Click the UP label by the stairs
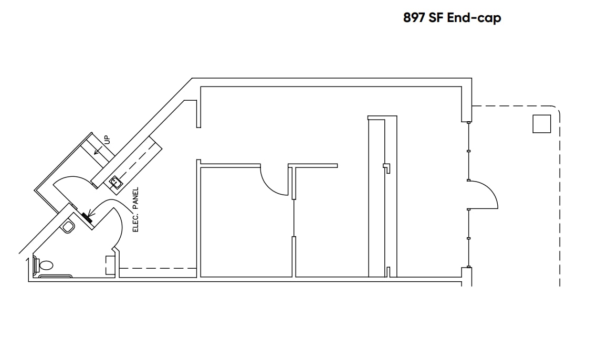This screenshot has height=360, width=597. pyautogui.click(x=107, y=140)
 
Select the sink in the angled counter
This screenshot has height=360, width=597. pyautogui.click(x=116, y=183)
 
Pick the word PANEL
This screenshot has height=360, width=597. pyautogui.click(x=135, y=199)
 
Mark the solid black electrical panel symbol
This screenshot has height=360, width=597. pyautogui.click(x=86, y=217)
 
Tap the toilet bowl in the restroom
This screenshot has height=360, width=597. pyautogui.click(x=46, y=265)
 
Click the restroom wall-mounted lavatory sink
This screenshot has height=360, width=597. pyautogui.click(x=68, y=227)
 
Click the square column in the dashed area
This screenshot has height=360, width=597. pyautogui.click(x=541, y=124)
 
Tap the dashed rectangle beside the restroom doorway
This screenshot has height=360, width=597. pyautogui.click(x=110, y=265)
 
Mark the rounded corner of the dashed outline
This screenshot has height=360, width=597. pyautogui.click(x=556, y=110)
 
